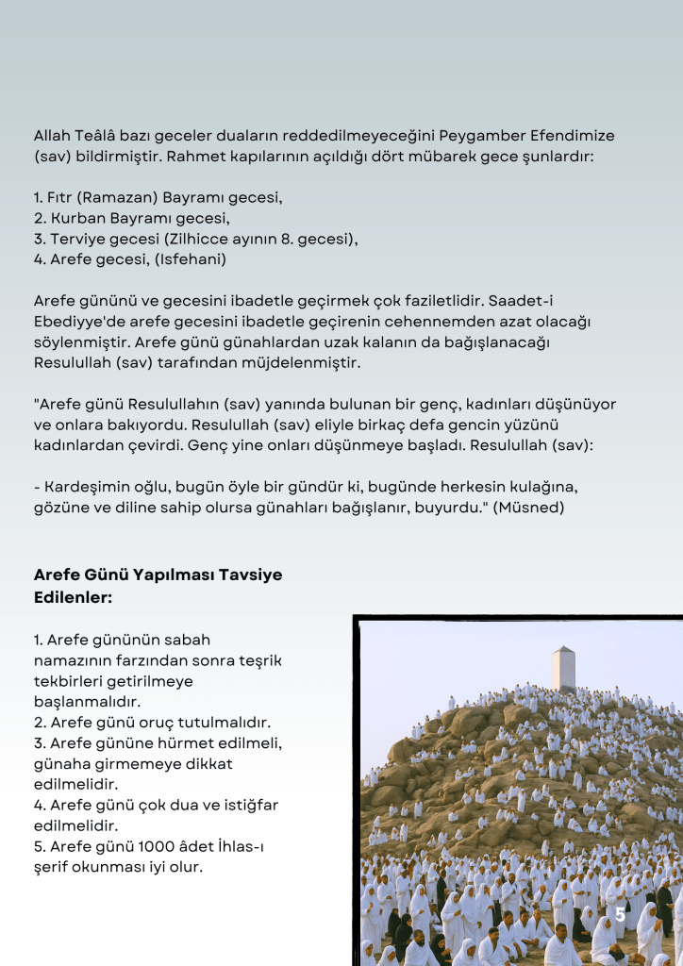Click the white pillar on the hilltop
563,669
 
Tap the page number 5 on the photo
620,915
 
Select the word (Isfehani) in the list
193,258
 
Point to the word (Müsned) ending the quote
532,508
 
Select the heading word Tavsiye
242,575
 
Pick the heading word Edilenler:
74,596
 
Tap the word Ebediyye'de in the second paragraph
75,322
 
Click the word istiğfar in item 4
245,805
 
